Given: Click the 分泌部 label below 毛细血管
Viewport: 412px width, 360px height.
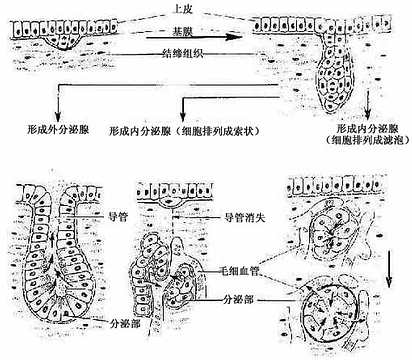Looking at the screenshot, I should point(245,297).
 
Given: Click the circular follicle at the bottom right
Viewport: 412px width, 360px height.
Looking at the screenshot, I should point(336,311).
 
